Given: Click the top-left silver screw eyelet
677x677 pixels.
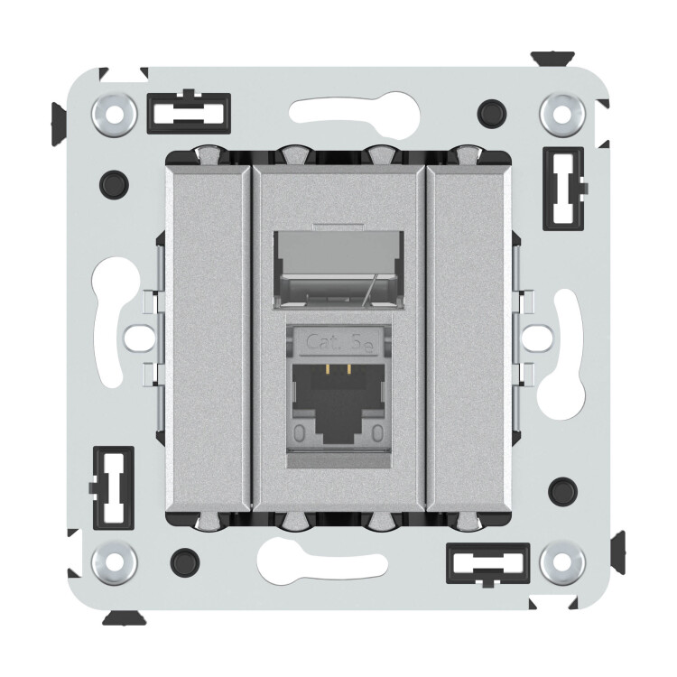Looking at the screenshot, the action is pos(114,115).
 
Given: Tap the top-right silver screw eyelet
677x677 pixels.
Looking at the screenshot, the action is pos(562,115).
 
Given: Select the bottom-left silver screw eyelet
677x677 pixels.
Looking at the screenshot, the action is pos(114,562).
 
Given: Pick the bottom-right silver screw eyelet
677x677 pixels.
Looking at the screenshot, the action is pos(562,562).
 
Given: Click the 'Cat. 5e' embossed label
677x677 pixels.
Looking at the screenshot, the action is pos(338,344).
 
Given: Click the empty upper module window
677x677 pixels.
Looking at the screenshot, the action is pos(338,270).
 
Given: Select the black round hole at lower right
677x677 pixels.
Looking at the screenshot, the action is pos(562,492).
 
